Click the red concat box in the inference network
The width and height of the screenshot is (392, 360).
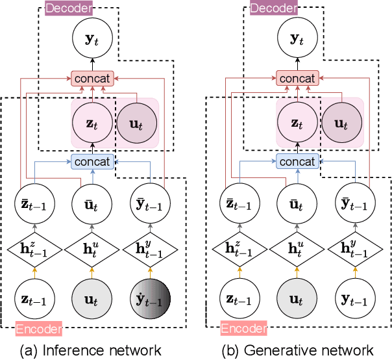click(93, 79)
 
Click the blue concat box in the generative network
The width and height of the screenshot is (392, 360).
click(298, 161)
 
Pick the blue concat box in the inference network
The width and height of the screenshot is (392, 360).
click(93, 161)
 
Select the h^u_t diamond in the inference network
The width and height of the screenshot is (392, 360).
click(93, 250)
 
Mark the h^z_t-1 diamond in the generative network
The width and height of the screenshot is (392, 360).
click(241, 250)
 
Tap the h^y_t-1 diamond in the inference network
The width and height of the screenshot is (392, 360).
click(150, 250)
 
